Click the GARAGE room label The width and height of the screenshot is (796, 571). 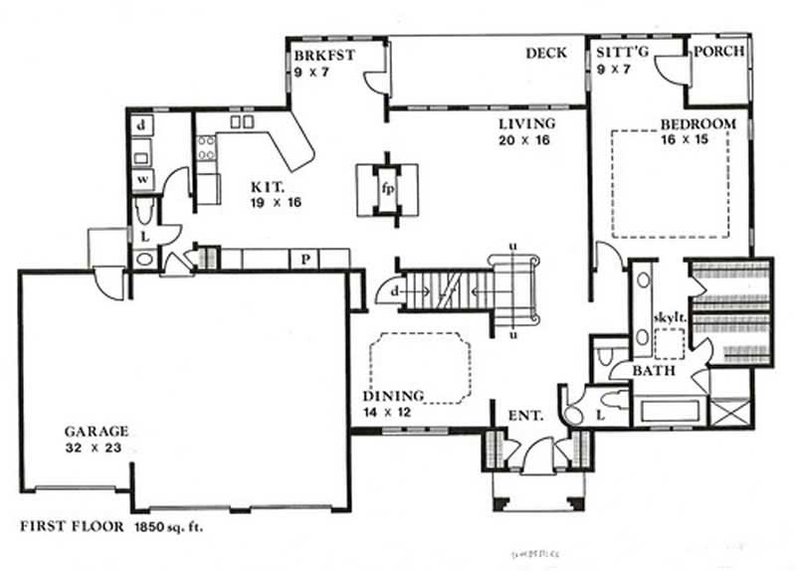tap(98, 432)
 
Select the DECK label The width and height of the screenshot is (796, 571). tap(545, 53)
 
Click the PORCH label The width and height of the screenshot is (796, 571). tap(717, 52)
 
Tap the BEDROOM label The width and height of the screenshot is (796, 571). tap(698, 124)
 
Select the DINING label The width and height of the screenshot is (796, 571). tap(394, 395)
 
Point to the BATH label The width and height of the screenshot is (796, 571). tap(655, 371)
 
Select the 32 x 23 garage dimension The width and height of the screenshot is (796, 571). tap(99, 448)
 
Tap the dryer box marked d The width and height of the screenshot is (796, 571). tap(142, 125)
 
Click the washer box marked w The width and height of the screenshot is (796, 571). tap(142, 179)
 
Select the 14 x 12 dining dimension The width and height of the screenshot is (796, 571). tap(394, 411)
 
